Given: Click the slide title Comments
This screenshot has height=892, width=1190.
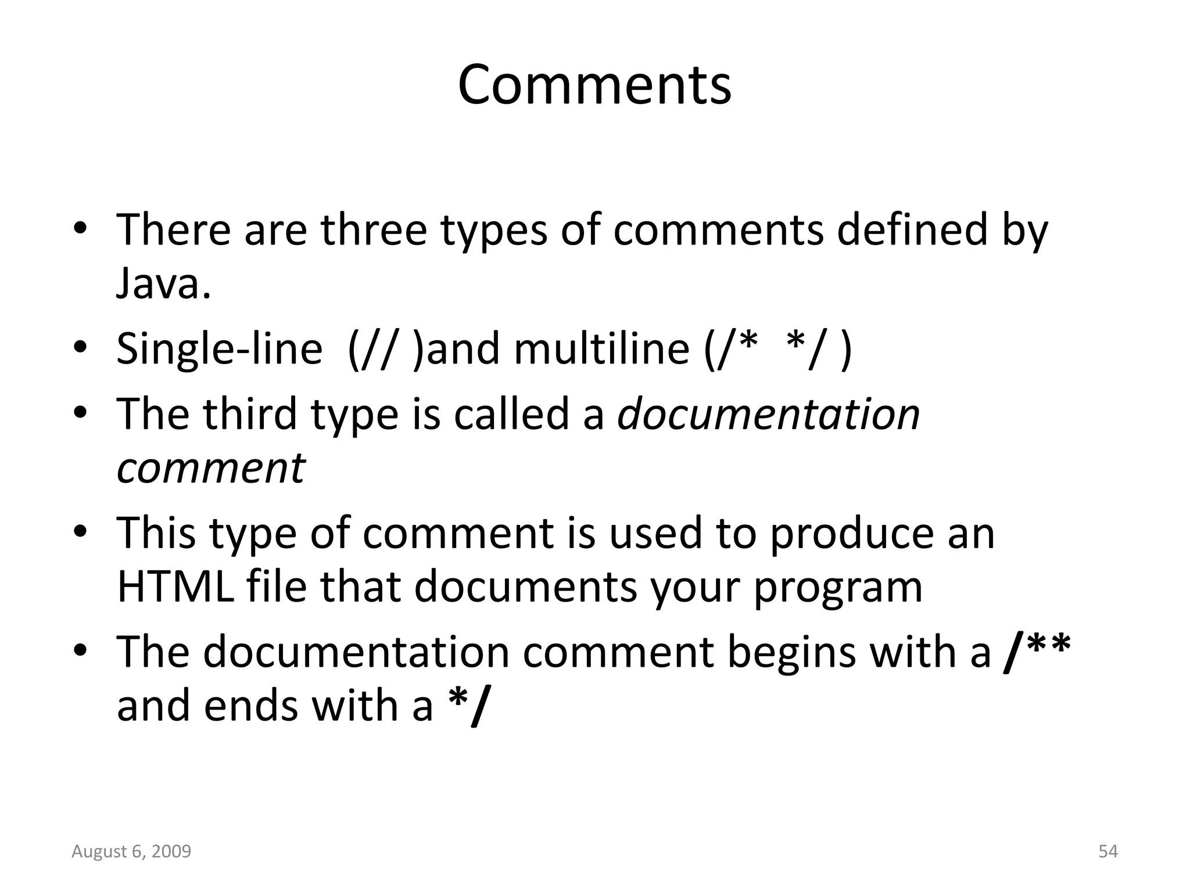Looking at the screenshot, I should (594, 85).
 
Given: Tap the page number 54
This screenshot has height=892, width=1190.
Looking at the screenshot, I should (1108, 851).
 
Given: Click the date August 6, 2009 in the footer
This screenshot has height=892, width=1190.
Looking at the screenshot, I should (131, 851).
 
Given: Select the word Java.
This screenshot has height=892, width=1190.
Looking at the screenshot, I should (163, 285).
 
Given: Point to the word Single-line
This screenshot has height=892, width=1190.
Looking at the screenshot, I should (219, 349).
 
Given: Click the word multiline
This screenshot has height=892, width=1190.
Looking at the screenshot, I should (601, 349).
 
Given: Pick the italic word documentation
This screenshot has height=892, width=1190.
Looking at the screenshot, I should (768, 414).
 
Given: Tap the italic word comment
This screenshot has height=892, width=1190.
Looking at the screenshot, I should (210, 468).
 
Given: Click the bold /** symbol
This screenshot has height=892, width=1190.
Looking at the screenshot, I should (1037, 652).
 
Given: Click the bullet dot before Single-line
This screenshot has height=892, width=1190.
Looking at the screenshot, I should (80, 348).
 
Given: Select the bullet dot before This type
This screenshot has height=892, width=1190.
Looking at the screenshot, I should (80, 531).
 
